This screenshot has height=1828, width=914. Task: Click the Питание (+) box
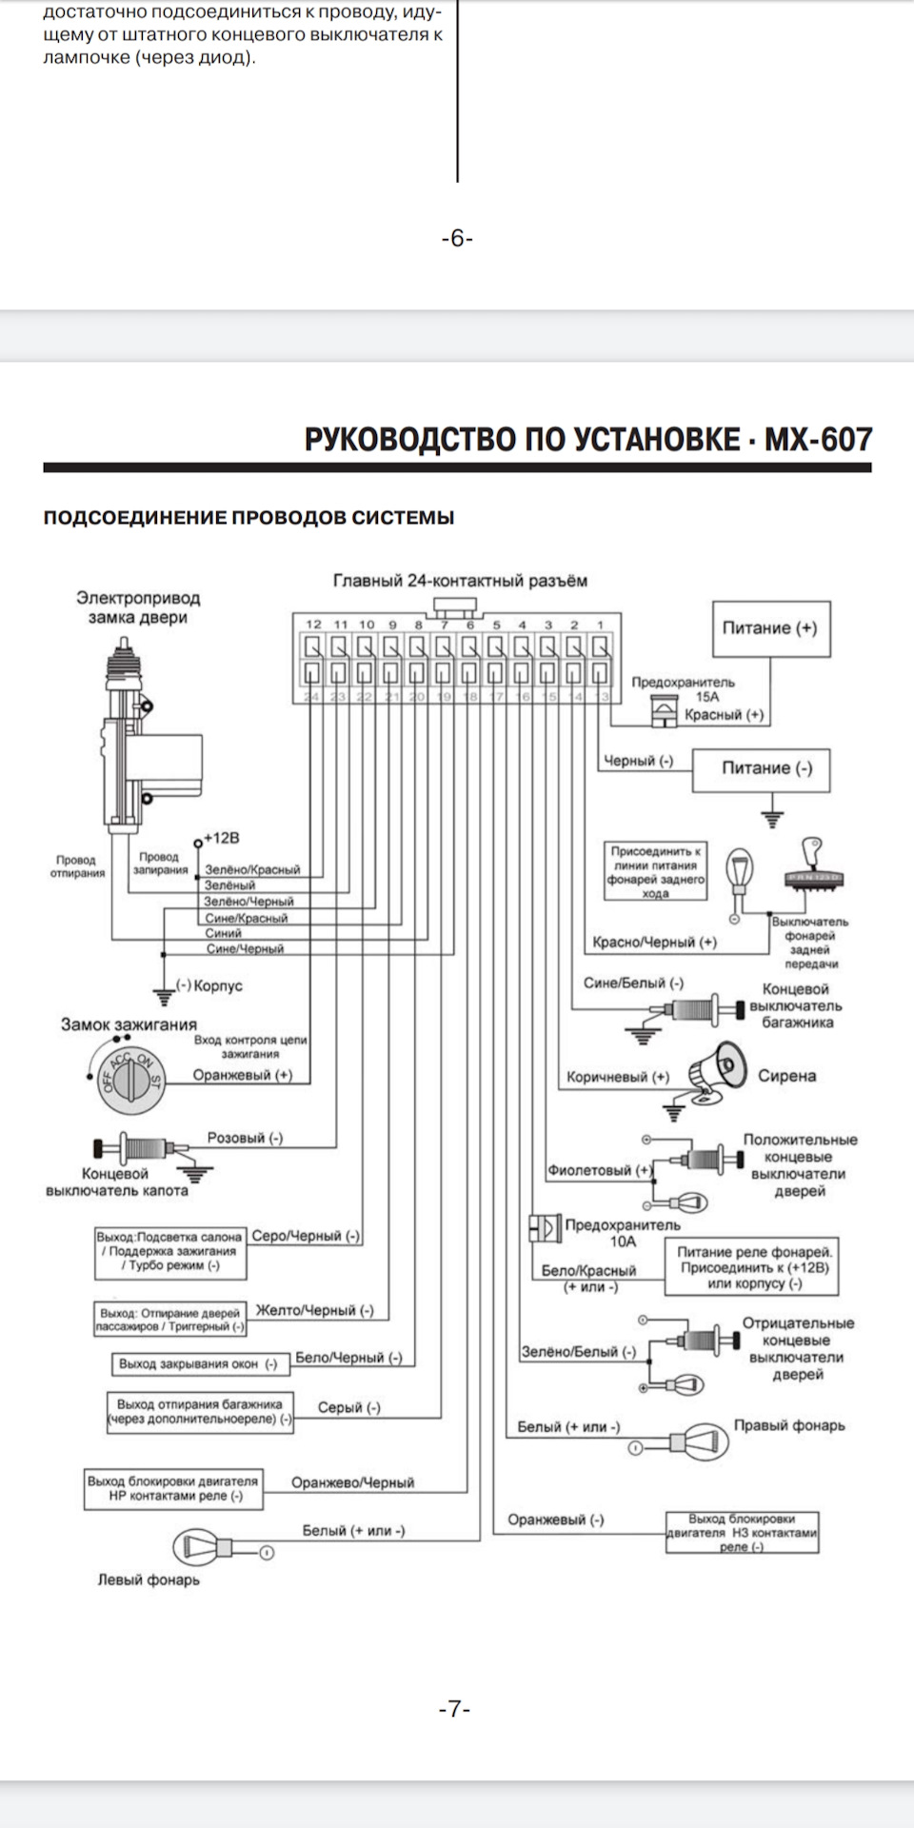click(771, 628)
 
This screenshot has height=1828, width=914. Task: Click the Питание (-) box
click(760, 768)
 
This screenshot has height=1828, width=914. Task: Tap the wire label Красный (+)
click(725, 715)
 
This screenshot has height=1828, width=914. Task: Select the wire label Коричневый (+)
click(618, 1077)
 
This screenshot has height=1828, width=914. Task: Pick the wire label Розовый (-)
click(245, 1138)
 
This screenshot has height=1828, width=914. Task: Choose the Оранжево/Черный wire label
click(352, 1482)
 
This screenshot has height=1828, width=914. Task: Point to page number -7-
click(455, 1709)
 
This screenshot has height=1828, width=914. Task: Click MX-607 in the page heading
click(818, 439)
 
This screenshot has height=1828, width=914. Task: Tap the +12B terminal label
click(220, 838)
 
